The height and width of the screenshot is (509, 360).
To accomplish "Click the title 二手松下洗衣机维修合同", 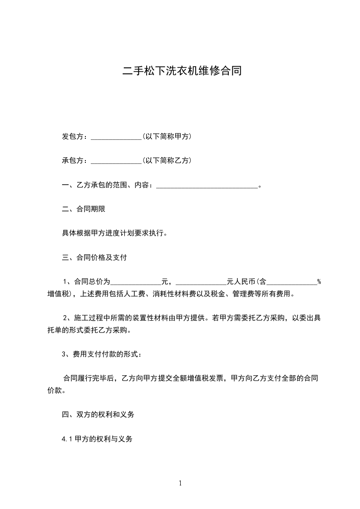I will click(180, 71).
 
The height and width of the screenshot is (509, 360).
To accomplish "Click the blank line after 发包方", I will click(117, 137).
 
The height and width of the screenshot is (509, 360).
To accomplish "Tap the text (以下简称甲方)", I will click(167, 136).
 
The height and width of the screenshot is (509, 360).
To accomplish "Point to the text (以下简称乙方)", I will click(167, 160).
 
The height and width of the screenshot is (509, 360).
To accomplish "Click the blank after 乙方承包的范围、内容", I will click(207, 186).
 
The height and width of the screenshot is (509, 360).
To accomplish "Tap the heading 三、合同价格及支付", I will click(94, 258).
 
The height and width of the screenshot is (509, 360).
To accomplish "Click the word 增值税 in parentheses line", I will click(56, 294).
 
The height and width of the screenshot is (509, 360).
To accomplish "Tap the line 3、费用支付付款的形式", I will click(105, 354).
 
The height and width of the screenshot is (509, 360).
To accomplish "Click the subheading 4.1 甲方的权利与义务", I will click(97, 439).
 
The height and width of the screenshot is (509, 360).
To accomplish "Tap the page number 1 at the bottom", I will click(180, 483).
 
